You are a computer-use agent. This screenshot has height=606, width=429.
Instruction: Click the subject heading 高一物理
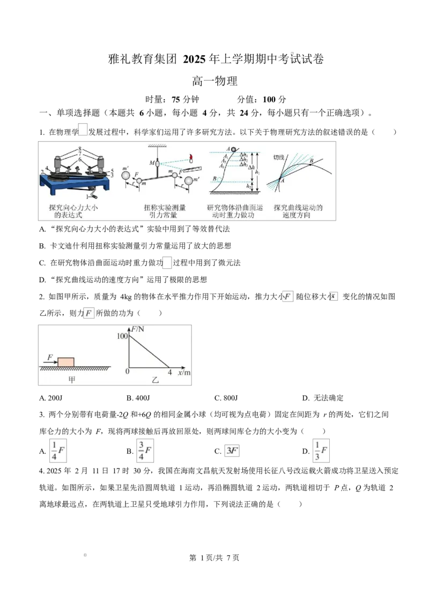click(214, 81)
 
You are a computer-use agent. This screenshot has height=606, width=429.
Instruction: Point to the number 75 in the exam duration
click(176, 100)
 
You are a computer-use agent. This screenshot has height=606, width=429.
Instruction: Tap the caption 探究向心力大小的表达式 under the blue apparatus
click(73, 211)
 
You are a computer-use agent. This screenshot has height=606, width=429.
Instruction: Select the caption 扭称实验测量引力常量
click(165, 211)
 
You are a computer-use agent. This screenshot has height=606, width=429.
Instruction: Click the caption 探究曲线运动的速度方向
click(298, 211)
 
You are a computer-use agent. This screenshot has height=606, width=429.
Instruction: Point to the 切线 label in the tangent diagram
click(279, 157)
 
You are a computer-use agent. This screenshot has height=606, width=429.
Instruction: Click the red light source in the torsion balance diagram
click(190, 158)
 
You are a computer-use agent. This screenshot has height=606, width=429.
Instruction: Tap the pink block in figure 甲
click(66, 362)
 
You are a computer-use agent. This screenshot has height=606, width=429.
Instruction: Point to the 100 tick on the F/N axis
click(122, 336)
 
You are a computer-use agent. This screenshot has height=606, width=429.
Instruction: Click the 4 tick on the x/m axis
click(169, 372)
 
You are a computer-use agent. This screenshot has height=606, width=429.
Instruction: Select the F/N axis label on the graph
click(137, 329)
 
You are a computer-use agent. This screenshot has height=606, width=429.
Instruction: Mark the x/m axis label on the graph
click(184, 373)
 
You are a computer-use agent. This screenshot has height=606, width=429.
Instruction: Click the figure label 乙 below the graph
click(156, 380)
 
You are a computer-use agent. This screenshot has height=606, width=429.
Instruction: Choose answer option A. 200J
click(51, 398)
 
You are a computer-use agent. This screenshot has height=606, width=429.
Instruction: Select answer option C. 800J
click(226, 398)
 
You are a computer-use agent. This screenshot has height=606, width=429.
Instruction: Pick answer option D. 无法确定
click(322, 398)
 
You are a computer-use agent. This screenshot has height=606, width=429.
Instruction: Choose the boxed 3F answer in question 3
click(232, 451)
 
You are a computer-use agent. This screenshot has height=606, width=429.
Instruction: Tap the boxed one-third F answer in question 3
click(321, 451)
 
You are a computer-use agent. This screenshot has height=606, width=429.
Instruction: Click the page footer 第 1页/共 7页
click(214, 558)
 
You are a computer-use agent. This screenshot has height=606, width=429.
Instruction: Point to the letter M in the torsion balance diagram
click(152, 163)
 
